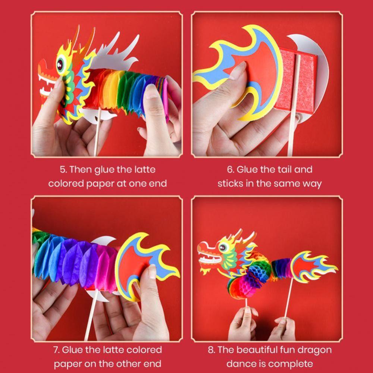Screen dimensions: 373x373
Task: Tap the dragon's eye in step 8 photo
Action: (223, 247)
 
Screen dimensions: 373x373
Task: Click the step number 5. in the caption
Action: (63, 170)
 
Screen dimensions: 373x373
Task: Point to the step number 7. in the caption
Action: (56, 350)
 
